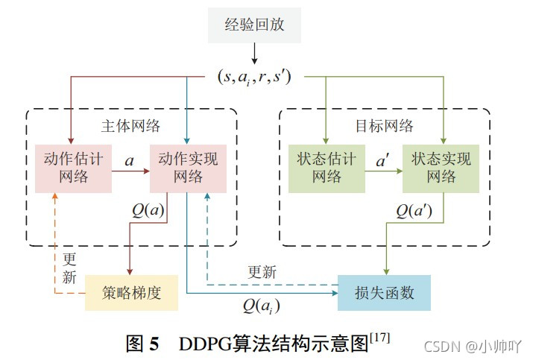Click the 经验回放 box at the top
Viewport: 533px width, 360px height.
(x=253, y=28)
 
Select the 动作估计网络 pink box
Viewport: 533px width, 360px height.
(x=73, y=168)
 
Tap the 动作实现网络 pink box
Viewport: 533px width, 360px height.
(x=188, y=168)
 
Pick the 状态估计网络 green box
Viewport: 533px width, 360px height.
(x=326, y=168)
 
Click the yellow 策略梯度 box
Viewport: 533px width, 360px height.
(x=131, y=291)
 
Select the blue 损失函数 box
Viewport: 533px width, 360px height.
(x=385, y=291)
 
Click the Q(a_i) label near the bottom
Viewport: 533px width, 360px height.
(x=261, y=304)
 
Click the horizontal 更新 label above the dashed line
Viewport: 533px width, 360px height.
(x=262, y=272)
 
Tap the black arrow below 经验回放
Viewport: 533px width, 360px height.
(x=254, y=54)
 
